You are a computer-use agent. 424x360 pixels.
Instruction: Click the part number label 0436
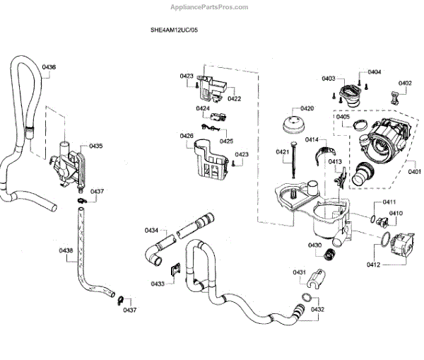(49, 67)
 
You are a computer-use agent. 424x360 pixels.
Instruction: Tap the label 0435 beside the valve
(95, 146)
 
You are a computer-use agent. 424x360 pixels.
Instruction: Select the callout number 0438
(66, 250)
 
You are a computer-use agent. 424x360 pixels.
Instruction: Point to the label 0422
(235, 98)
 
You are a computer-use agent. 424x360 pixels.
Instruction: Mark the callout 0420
(307, 108)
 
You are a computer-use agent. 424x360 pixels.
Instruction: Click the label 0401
(414, 170)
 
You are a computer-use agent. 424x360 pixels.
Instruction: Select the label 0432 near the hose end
(317, 309)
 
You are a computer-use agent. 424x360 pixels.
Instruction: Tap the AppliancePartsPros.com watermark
(210, 7)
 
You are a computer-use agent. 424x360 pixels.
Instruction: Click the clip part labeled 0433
(175, 269)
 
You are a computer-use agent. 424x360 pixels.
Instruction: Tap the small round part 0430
(328, 254)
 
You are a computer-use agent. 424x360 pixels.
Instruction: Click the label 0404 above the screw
(375, 72)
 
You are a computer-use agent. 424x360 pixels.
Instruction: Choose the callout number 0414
(312, 140)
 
